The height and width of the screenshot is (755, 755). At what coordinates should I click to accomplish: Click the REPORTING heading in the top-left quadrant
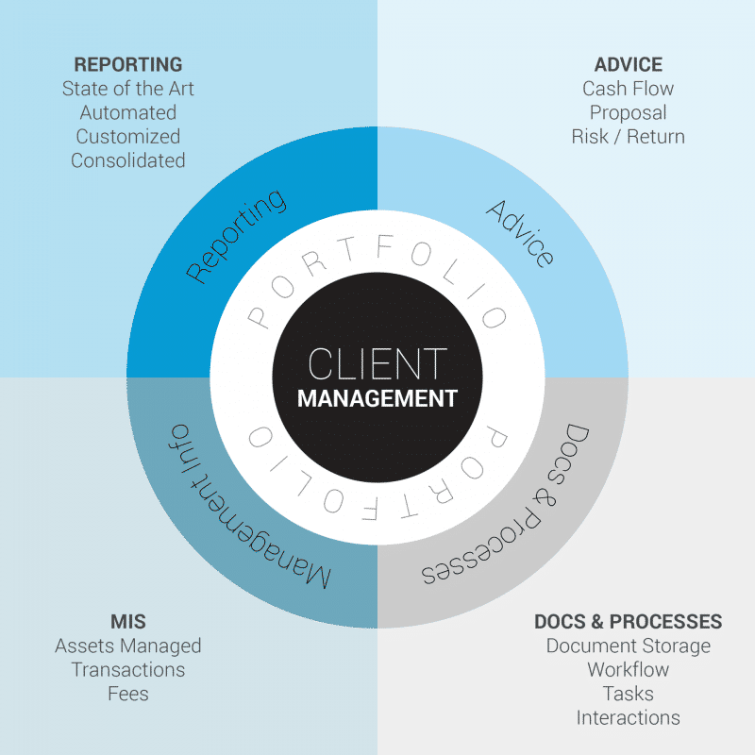tap(128, 65)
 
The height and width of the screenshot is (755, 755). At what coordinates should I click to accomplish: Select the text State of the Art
tap(128, 90)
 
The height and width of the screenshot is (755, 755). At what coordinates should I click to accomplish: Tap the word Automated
tap(128, 113)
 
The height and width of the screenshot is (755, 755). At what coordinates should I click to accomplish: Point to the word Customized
tap(128, 137)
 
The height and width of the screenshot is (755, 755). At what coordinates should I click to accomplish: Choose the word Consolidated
tap(128, 160)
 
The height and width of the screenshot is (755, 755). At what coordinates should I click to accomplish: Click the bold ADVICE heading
tap(628, 65)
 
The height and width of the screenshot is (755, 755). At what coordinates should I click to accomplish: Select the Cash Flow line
tap(628, 90)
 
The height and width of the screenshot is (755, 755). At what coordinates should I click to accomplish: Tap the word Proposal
tap(628, 113)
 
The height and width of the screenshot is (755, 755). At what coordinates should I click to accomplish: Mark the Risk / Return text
tap(628, 137)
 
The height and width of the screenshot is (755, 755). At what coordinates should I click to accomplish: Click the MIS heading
tap(128, 622)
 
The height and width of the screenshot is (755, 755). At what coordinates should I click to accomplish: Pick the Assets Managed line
tap(128, 646)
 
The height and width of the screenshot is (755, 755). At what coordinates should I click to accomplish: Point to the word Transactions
tap(128, 670)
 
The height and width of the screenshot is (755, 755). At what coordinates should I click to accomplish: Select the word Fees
tap(128, 694)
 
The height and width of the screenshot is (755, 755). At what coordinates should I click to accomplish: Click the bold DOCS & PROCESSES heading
tap(628, 622)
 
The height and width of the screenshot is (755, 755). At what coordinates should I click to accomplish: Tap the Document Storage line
tap(628, 646)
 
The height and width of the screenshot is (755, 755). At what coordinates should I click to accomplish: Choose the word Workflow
tap(628, 670)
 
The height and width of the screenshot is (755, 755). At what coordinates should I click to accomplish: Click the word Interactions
tap(628, 718)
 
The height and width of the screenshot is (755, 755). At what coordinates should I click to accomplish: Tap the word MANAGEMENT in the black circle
tap(377, 398)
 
